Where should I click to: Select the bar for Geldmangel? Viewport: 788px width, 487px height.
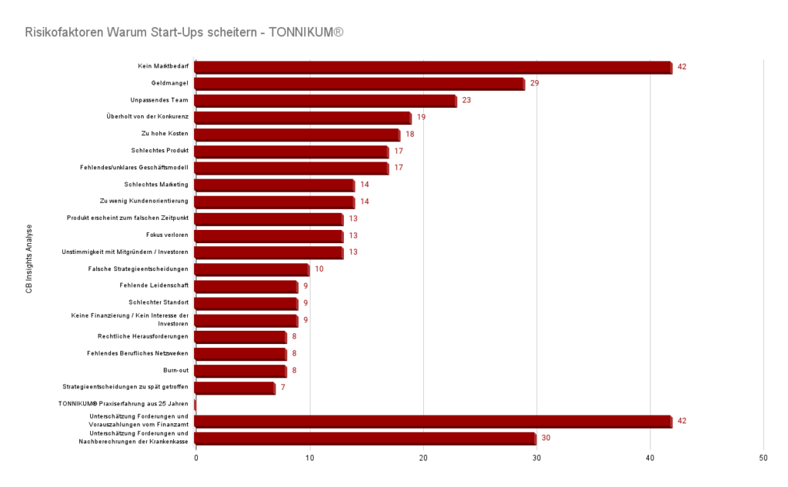[x=359, y=84]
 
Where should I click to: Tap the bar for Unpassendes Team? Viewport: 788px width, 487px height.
[x=326, y=101]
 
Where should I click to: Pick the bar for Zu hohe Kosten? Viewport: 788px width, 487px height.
[x=297, y=135]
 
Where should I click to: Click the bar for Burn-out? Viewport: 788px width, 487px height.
[x=240, y=371]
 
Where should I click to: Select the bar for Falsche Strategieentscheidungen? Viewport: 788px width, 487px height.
[x=252, y=269]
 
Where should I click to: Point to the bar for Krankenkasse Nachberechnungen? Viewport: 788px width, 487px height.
[x=366, y=439]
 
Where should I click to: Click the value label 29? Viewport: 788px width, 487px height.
[x=534, y=83]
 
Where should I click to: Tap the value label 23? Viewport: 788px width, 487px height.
[x=466, y=100]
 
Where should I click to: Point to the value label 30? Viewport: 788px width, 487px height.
[x=546, y=438]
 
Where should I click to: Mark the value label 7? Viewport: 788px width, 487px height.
[x=283, y=387]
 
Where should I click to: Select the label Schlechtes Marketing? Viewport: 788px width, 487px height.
[x=156, y=185]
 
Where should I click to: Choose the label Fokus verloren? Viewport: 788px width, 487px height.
[x=167, y=235]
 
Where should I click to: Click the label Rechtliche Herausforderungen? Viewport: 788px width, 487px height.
[x=143, y=336]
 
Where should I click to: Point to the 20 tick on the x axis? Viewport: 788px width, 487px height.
[x=423, y=459]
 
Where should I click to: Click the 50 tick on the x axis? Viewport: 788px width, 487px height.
[x=763, y=459]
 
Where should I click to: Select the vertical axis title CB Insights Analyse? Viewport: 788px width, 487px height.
[x=29, y=259]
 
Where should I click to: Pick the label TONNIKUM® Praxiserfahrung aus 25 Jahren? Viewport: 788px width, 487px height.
[x=123, y=403]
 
